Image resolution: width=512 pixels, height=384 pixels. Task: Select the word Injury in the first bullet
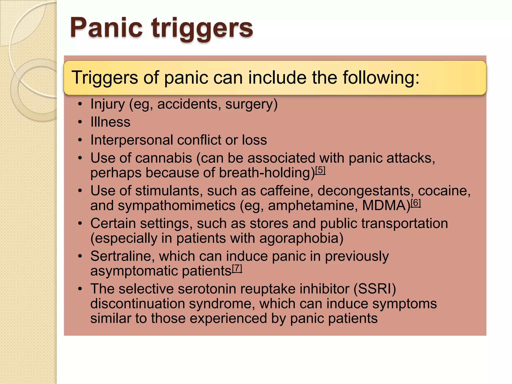point(107,104)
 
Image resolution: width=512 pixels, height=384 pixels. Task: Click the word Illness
point(110,122)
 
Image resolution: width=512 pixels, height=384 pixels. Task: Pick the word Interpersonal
point(131,140)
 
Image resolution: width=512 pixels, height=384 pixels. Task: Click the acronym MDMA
point(386,205)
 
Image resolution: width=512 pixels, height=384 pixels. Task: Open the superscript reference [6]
point(416,203)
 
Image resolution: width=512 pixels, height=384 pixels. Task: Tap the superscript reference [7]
point(237,268)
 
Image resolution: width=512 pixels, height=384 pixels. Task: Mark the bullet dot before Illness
point(80,122)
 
